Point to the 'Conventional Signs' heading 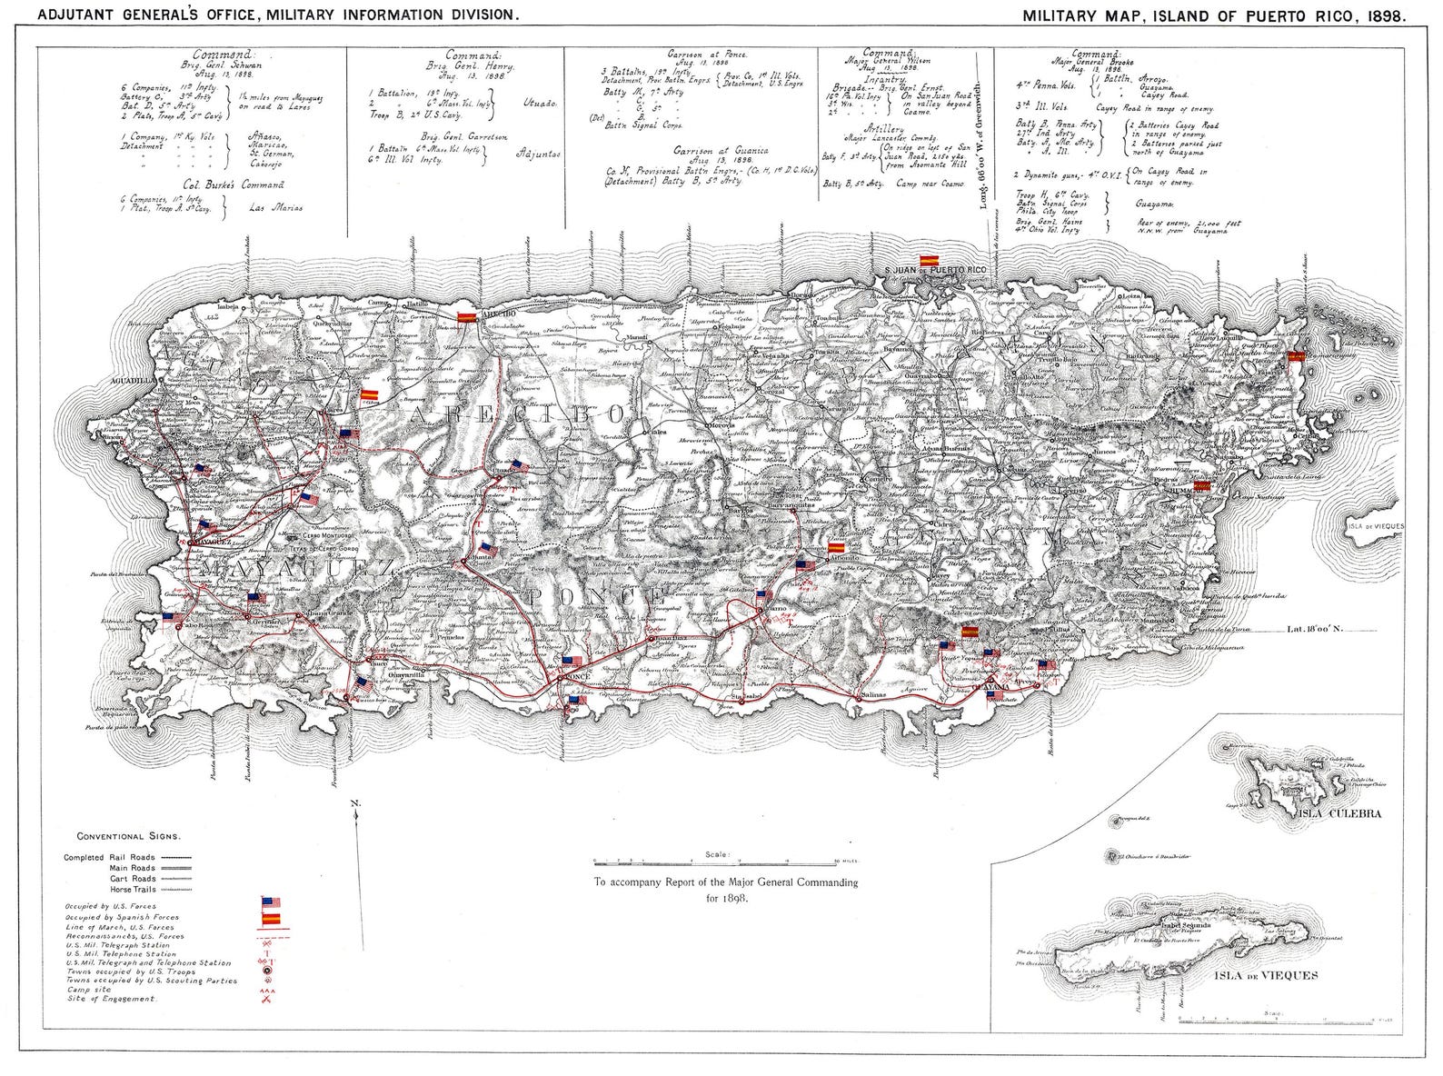click(128, 835)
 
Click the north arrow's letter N click(355, 802)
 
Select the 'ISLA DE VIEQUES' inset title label click(1264, 975)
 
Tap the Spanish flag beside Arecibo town click(465, 317)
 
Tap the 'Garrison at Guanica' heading click(721, 150)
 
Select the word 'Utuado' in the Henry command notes click(540, 104)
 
